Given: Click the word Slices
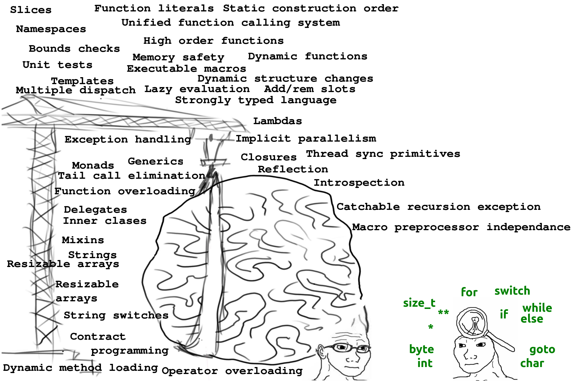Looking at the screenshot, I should (x=31, y=10).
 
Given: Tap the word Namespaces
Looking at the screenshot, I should (x=51, y=29).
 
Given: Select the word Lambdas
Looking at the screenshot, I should (x=277, y=121).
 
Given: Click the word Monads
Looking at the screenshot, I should (x=93, y=165).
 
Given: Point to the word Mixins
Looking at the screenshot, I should (x=83, y=240).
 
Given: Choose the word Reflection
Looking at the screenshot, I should (x=293, y=169).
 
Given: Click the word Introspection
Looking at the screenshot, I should (x=359, y=183).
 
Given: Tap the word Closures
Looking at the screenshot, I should (x=268, y=157).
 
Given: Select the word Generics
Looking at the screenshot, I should (x=155, y=161).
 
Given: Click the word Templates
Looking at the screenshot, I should (x=82, y=81).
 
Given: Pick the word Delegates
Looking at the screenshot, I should (x=95, y=210).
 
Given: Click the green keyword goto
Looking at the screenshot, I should (x=542, y=350).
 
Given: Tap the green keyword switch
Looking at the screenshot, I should (x=512, y=291).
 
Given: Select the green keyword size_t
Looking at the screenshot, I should (x=419, y=303).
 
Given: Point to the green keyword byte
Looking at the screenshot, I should (x=421, y=349).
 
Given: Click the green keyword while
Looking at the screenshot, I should (x=537, y=308).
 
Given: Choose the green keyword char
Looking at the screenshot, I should (x=532, y=363).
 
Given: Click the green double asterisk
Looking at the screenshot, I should (x=443, y=312).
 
